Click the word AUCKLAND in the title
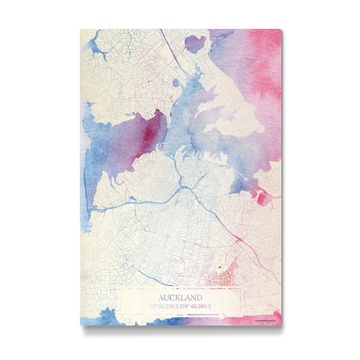(181, 297)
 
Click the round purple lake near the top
(195, 43)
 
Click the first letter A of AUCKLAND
(161, 297)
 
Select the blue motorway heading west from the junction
(138, 203)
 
